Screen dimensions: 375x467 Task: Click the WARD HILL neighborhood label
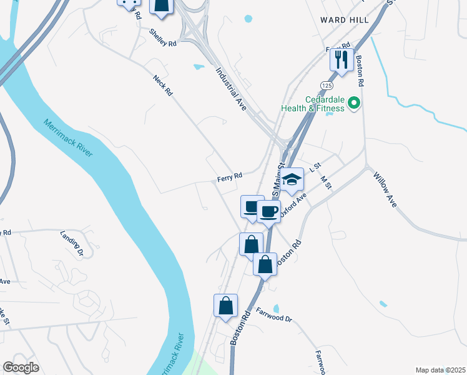344,20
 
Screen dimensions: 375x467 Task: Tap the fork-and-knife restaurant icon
342,59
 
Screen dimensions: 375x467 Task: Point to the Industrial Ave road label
231,87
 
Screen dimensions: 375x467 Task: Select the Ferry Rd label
229,177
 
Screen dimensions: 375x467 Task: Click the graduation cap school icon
292,179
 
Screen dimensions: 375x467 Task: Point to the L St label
315,166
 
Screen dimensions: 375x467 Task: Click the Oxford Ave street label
293,205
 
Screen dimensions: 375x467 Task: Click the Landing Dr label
72,244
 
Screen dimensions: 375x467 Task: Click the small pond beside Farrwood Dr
276,309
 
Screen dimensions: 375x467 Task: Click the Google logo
21,367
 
